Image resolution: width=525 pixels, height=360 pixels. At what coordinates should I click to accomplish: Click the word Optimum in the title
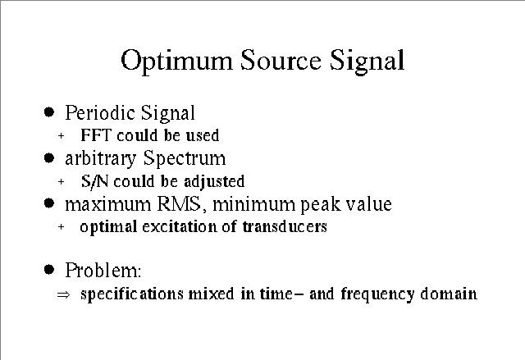[176, 62]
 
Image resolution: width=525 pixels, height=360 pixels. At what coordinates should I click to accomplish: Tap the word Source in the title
[281, 60]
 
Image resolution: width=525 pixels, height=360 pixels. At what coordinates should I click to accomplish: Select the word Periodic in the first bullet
[100, 112]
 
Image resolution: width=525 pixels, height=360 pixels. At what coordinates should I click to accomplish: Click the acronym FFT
[96, 135]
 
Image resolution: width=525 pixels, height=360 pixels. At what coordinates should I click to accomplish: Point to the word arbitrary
[100, 158]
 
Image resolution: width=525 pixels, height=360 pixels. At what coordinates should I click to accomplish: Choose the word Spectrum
[185, 158]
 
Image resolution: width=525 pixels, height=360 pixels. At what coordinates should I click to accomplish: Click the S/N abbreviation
[95, 181]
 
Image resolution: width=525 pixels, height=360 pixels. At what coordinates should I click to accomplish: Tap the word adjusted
[214, 182]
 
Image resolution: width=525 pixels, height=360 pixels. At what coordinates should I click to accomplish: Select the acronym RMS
[179, 204]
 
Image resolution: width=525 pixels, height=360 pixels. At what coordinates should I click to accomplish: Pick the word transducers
[285, 226]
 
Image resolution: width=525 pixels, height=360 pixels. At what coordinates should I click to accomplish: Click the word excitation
[180, 226]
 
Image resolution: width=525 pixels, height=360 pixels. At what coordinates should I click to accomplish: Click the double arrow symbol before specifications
[63, 294]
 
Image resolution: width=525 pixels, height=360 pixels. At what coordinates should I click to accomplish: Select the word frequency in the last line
[377, 294]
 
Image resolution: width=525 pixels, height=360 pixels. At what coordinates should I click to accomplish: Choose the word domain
[449, 294]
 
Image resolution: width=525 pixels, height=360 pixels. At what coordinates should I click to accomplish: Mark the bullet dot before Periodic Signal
[49, 112]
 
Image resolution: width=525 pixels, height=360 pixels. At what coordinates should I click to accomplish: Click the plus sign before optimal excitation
[61, 227]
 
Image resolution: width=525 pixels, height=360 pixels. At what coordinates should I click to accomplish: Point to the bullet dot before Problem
[49, 269]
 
